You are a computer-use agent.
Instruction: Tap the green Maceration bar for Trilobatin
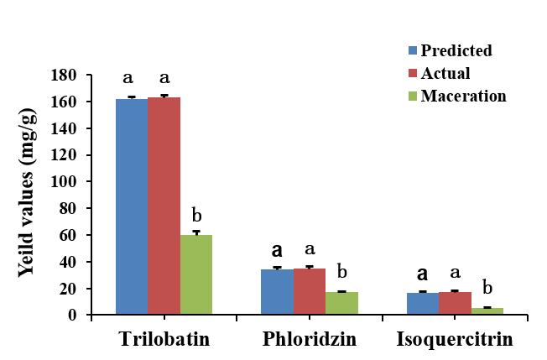click(x=196, y=274)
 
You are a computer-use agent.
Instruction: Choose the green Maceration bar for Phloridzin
click(x=341, y=303)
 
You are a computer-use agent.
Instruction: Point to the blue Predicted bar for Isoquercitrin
click(x=422, y=304)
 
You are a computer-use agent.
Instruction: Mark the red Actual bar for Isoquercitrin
click(x=455, y=303)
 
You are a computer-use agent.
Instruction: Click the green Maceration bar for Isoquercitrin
click(x=487, y=311)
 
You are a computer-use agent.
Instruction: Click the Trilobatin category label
click(x=163, y=340)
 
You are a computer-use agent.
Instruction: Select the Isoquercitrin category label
click(x=454, y=340)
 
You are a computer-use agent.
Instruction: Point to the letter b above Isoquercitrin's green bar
click(x=487, y=290)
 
